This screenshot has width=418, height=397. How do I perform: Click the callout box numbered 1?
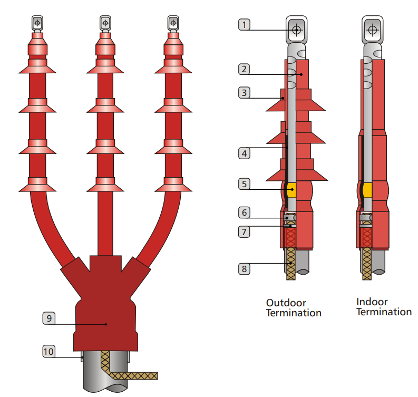(244, 24)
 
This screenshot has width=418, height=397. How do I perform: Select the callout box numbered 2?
(244, 69)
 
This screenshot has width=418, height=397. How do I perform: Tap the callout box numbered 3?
(244, 93)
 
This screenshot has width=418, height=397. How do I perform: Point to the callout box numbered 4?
(244, 153)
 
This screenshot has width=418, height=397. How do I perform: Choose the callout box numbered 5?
(244, 184)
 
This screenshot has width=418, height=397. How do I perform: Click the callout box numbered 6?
(244, 212)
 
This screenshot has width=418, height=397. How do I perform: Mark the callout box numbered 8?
(244, 269)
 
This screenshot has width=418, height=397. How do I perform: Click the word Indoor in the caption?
(372, 302)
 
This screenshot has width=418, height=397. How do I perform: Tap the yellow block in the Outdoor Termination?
(290, 189)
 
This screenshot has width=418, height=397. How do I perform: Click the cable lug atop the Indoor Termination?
(373, 31)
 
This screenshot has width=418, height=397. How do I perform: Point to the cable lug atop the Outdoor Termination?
(297, 31)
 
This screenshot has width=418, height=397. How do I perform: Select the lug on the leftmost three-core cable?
(37, 23)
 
